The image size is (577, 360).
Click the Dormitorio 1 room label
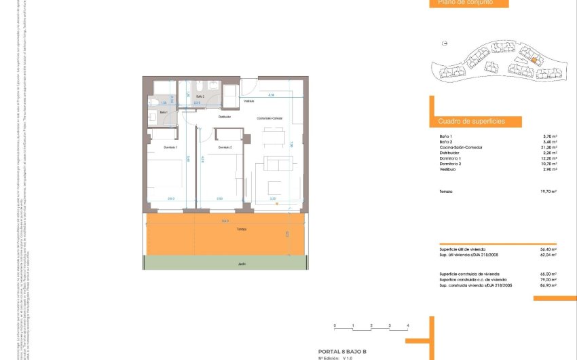[170, 147]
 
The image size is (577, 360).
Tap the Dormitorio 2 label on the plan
[225, 147]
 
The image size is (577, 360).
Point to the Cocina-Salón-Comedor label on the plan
[269, 118]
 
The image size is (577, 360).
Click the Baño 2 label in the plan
[200, 97]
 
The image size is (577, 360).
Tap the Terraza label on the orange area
[223, 230]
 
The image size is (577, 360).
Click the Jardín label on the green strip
[223, 264]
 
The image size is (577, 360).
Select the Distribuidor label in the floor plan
[225, 117]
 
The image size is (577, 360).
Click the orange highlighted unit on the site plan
[534, 60]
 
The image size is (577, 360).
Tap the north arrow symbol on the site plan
[444, 43]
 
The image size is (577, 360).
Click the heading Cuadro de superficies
[462, 122]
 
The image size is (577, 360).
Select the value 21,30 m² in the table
[550, 147]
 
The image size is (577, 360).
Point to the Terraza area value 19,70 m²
[548, 192]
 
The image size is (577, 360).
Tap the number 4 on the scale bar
[407, 327]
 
